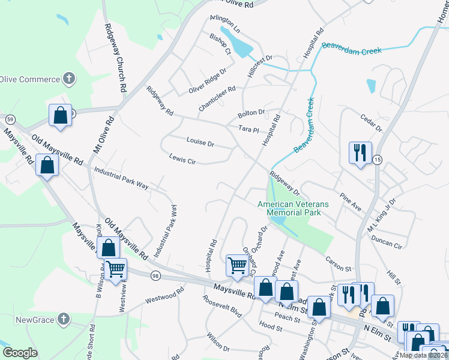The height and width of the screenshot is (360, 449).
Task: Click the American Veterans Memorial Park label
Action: click(293, 208)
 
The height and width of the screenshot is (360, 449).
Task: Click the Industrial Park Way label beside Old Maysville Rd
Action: click(121, 178)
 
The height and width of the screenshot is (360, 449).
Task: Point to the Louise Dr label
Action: click(200, 143)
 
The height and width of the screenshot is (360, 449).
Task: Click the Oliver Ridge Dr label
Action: click(208, 80)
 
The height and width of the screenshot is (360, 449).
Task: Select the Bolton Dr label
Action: click(251, 113)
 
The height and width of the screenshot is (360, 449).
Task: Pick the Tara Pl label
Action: click(248, 129)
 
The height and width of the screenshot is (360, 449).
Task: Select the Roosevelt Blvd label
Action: click(223, 307)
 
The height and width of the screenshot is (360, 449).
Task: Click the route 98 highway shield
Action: click(155, 275)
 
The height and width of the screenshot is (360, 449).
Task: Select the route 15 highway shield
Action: click(377, 159)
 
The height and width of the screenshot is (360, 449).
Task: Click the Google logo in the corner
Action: click(20, 353)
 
